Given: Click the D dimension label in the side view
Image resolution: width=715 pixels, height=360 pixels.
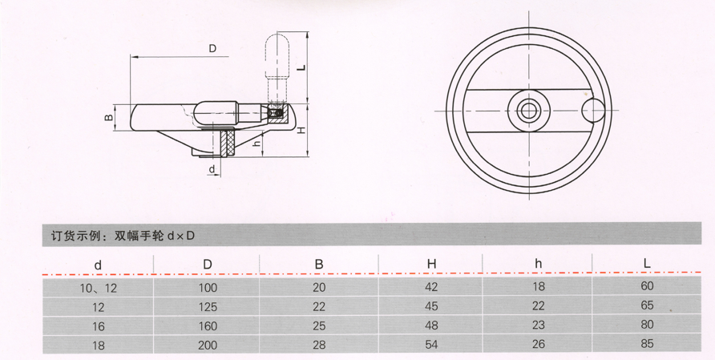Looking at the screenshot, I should [212, 48].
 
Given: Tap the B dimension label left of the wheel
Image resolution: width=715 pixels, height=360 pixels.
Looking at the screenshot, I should [109, 118].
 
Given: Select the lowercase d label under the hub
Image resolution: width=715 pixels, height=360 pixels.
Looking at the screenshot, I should [211, 169].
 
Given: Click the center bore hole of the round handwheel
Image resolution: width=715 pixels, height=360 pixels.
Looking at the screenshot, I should [528, 111].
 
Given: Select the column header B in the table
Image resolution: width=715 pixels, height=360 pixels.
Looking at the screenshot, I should [317, 264].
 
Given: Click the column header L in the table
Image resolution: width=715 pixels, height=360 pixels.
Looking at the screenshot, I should [648, 264].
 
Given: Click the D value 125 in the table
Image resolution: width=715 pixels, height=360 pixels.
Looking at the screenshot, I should [208, 306].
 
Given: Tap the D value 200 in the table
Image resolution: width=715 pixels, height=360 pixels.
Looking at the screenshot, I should [208, 344].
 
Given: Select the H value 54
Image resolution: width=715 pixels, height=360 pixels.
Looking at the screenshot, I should [431, 344].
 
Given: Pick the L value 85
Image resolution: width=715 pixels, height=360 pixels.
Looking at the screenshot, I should [648, 343].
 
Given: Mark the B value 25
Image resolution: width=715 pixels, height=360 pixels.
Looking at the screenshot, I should [317, 326].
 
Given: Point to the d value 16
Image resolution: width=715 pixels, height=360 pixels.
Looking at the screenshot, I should [98, 326].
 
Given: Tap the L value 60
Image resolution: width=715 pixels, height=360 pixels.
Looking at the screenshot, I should [648, 286].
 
